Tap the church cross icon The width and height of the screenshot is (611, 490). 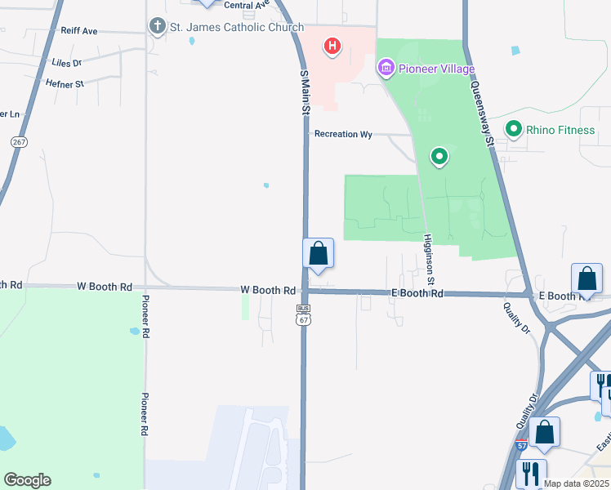click(158, 27)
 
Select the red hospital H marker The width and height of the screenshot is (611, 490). click(332, 47)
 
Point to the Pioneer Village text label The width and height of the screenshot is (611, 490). click(437, 69)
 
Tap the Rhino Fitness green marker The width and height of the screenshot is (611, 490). click(514, 128)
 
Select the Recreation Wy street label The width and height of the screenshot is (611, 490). click(343, 134)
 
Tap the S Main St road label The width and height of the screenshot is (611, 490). click(305, 92)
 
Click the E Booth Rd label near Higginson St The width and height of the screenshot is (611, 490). click(417, 293)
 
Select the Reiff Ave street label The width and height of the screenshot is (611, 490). click(79, 31)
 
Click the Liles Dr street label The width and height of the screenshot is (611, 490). click(66, 62)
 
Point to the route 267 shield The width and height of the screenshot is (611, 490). click(19, 142)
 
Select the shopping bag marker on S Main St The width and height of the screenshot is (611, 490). click(319, 254)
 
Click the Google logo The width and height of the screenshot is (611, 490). click(27, 480)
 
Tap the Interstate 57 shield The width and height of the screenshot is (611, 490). click(522, 446)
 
